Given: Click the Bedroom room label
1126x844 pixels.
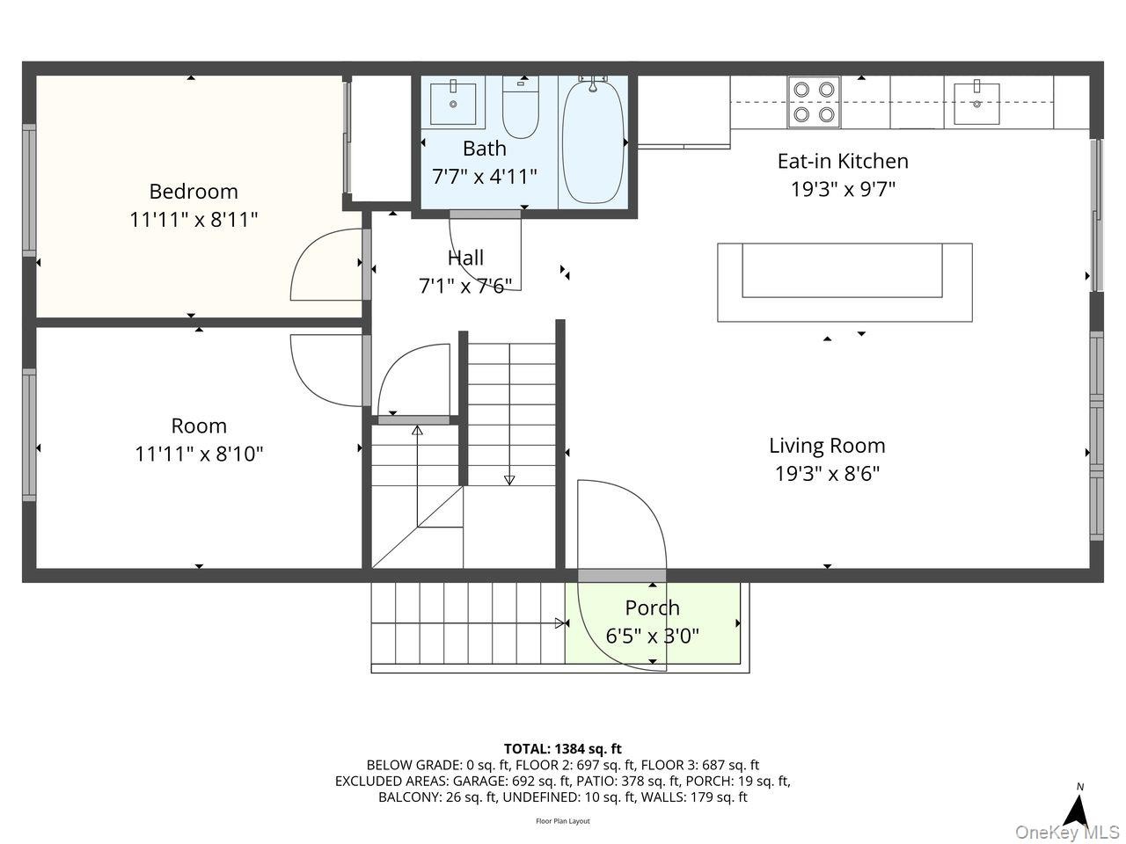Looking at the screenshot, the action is [194, 192].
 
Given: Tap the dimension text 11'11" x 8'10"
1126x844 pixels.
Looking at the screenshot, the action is [199, 454].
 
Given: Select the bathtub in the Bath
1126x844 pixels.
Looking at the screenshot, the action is [593, 141].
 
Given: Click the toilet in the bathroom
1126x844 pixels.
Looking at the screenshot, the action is [520, 107].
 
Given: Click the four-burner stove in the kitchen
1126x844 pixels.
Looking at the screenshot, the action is [814, 102].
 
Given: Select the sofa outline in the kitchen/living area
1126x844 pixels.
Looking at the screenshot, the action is [844, 282].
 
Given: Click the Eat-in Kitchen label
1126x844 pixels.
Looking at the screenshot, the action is [843, 162].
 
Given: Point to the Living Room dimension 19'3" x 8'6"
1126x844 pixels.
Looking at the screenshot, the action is [827, 474].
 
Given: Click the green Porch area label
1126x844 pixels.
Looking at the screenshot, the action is [652, 608].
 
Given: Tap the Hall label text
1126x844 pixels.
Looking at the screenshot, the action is [465, 258].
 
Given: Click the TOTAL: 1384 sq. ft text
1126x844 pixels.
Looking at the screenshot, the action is [563, 749].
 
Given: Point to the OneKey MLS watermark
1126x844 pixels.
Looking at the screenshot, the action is [1068, 832].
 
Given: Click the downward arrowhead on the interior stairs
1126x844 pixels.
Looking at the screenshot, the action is [508, 480].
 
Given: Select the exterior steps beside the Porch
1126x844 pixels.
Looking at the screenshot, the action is [468, 623].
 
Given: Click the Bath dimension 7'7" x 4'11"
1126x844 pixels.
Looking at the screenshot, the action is [484, 177].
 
